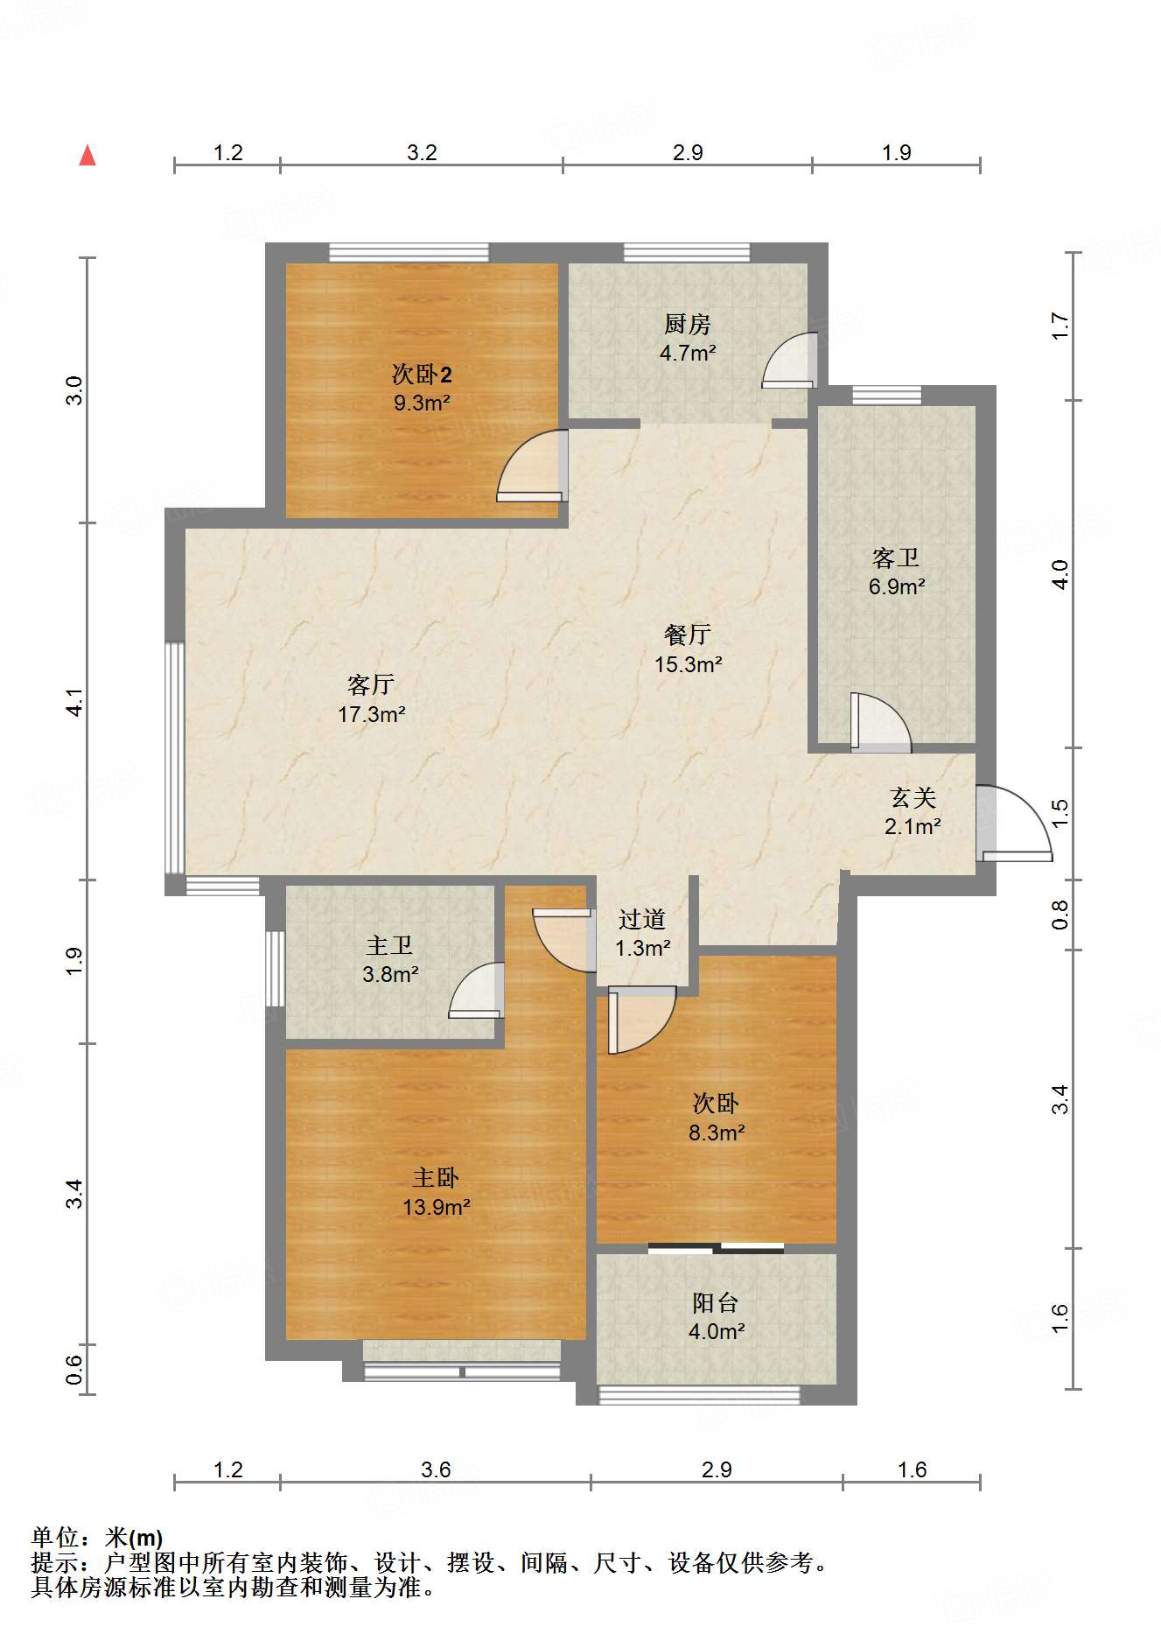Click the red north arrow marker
[87, 156]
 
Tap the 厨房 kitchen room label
[687, 325]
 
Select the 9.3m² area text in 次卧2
[422, 403]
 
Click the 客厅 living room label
[371, 684]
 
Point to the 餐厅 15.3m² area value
[689, 664]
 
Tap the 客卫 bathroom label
[896, 558]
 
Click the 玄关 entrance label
[913, 797]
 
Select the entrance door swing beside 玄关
[1014, 824]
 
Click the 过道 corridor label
[642, 919]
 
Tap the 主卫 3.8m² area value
[390, 974]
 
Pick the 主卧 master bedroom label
[436, 1178]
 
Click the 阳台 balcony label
[716, 1303]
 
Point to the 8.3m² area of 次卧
[717, 1133]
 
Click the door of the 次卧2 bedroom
[531, 466]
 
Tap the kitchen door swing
[789, 360]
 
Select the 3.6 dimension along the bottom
[436, 1469]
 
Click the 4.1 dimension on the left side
[76, 702]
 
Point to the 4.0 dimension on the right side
[1060, 574]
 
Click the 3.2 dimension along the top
[422, 153]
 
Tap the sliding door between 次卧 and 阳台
[716, 1248]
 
